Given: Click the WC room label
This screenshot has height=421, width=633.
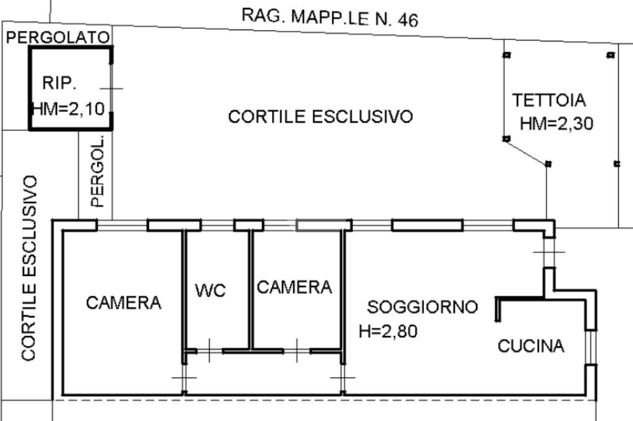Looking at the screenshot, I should pos(211,290).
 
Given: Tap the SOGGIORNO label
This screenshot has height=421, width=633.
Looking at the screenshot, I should pos(423,307).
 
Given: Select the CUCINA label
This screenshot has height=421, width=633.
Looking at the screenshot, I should pos(531,346).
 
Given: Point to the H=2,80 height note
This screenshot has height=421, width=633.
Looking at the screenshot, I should pos(388,331).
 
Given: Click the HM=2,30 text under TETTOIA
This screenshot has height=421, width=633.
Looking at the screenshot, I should pos(556,124).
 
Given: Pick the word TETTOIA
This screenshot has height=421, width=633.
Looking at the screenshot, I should pos(549,99).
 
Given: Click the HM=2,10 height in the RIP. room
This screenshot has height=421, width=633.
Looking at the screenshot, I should pos(68,109).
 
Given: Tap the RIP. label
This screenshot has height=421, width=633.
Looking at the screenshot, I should pos(59,83).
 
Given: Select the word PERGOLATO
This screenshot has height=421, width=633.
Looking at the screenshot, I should pos(58,38).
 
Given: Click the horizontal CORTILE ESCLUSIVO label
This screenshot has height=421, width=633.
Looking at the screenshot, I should pos(320,117).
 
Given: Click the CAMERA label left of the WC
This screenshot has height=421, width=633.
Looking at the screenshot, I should pos(124,303).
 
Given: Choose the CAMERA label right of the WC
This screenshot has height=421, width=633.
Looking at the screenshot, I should pos(294,287).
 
